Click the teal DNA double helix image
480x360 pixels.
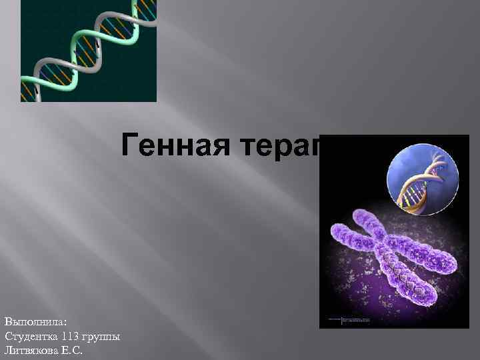tap(89, 51)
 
